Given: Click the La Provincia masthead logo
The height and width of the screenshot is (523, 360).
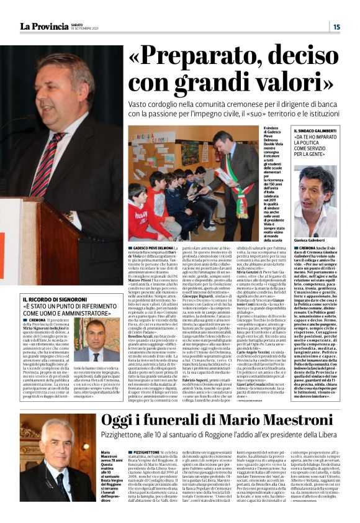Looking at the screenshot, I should click(x=43, y=25).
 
